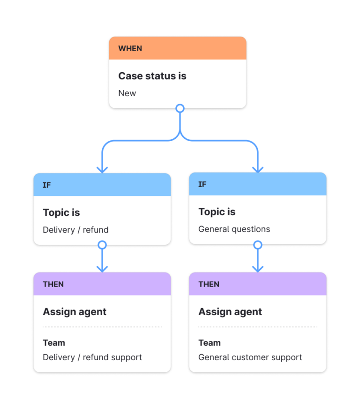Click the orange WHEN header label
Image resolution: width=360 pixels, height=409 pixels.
[x=130, y=48]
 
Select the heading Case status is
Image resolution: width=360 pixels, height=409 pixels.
[x=152, y=76]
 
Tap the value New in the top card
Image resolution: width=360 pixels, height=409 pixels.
[x=127, y=93]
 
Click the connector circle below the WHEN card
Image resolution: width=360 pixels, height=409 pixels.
[x=180, y=109]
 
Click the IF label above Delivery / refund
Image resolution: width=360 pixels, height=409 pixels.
[x=47, y=185]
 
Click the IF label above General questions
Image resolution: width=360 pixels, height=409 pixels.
[x=202, y=184]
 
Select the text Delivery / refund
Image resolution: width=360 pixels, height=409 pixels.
[x=75, y=230]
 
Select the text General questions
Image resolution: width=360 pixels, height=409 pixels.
[x=234, y=229]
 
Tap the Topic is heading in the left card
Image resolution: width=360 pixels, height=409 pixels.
[x=61, y=212]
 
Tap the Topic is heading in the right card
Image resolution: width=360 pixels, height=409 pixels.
[x=217, y=212]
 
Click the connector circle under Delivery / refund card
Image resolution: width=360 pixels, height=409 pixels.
[x=102, y=245]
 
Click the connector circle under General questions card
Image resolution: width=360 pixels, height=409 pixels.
[x=257, y=245]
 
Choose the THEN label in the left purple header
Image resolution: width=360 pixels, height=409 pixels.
[x=53, y=284]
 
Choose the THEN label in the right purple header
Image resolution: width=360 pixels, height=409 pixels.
[x=209, y=284]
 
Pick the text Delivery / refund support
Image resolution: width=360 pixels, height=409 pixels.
[x=92, y=357]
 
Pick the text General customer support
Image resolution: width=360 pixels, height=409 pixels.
[x=250, y=357]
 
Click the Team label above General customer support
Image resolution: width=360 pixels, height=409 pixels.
[x=209, y=343]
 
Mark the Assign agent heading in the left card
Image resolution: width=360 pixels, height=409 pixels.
[x=75, y=312]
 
